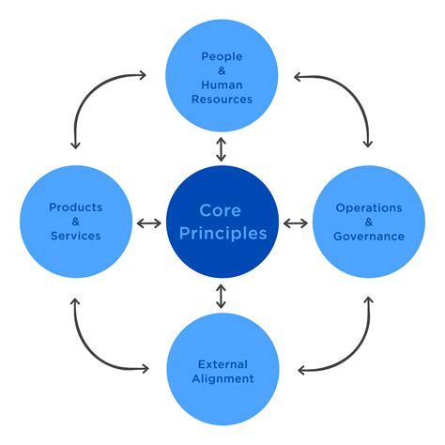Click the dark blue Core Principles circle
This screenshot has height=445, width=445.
[222, 222]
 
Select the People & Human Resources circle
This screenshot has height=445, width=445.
[222, 77]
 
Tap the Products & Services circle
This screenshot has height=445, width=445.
[76, 222]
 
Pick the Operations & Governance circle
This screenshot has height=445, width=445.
[368, 222]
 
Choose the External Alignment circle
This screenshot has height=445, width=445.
[222, 368]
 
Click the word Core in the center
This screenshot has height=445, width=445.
[222, 210]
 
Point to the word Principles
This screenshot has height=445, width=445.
[222, 233]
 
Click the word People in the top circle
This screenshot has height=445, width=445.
[222, 56]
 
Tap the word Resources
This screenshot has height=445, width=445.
[222, 99]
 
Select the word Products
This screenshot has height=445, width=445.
[76, 207]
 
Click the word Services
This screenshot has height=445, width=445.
[76, 237]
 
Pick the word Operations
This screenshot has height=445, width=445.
[368, 207]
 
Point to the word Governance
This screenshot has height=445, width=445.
[368, 237]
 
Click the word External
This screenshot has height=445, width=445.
[222, 363]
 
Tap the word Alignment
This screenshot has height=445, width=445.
[222, 378]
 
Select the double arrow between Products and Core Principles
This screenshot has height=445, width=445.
[148, 222]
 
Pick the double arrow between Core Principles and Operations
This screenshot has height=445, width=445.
[295, 222]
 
